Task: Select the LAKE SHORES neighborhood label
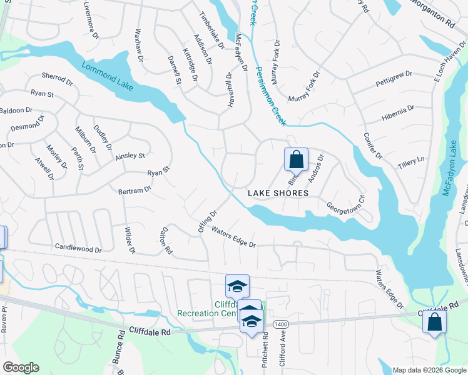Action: point(278,193)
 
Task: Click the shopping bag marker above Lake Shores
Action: point(296,159)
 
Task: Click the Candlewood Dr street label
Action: point(78,249)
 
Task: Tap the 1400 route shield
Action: point(280,322)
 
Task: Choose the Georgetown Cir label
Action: point(345,204)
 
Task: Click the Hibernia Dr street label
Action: point(398,112)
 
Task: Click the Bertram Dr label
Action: point(135,189)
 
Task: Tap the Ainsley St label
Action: point(130,156)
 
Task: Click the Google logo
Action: point(21,367)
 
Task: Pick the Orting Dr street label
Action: point(207,222)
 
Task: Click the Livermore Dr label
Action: point(91,20)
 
